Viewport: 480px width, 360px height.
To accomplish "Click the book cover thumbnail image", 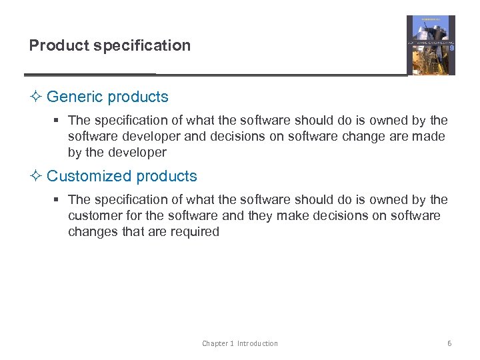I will (x=431, y=45).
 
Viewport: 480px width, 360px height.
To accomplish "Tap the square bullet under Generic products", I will (x=58, y=121).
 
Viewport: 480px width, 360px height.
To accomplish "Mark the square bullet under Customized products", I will (x=58, y=200).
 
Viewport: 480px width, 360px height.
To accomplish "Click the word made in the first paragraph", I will (x=431, y=136).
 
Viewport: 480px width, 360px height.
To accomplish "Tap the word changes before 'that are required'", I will (x=91, y=231).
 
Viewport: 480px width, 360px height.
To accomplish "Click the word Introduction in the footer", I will (x=257, y=343).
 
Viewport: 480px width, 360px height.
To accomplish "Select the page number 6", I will (x=449, y=343).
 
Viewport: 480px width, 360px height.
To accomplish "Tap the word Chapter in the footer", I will (x=215, y=343).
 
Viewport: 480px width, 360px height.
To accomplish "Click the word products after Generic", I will (x=138, y=97).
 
